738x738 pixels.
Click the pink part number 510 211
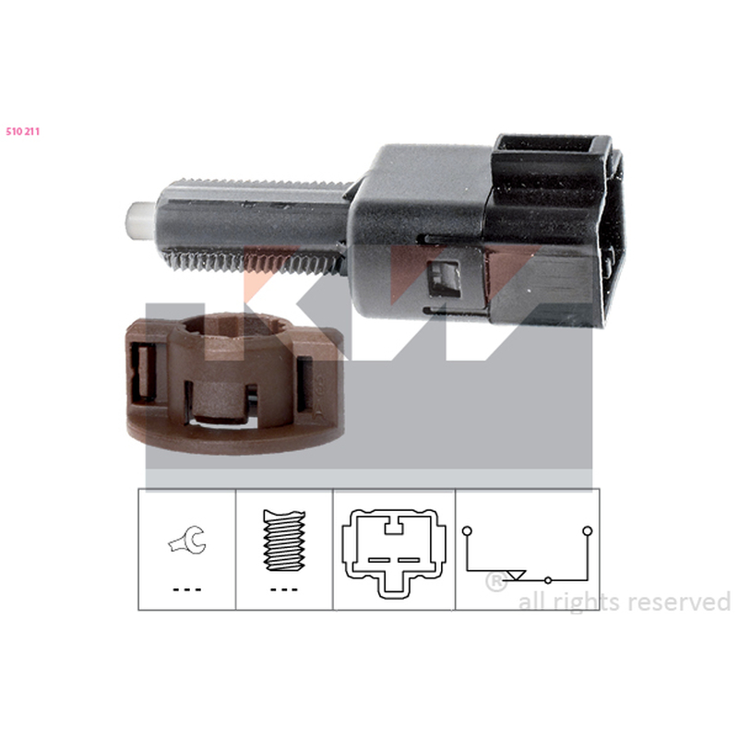[x=22, y=132]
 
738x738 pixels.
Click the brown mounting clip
[x=235, y=383]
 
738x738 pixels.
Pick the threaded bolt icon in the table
[x=284, y=541]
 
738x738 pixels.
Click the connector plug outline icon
[x=394, y=553]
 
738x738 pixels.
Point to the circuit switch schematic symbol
[x=527, y=555]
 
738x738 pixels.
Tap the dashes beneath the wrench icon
[x=187, y=589]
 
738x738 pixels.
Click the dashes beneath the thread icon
[x=284, y=589]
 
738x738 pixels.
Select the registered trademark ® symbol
[x=495, y=582]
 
